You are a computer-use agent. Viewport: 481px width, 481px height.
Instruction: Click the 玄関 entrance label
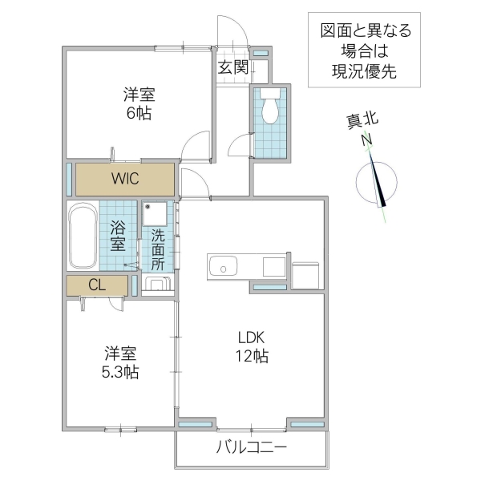233,67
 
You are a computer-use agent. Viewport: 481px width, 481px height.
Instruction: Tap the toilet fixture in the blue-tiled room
269,106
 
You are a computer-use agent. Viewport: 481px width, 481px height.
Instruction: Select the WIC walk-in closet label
125,178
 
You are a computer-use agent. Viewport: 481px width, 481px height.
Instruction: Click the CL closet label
96,285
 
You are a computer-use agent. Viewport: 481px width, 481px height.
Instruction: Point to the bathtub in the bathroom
83,237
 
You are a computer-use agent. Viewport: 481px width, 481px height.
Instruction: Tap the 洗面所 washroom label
158,249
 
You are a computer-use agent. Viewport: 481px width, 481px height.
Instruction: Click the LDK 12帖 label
251,346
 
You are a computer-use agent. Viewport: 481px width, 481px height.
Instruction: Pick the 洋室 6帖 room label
138,103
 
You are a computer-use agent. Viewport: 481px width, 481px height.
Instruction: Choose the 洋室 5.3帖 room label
120,362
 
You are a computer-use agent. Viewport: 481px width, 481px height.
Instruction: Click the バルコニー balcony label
250,447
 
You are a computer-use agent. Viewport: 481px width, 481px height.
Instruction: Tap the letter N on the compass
367,142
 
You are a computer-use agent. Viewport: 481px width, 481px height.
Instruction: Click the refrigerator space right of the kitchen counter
307,273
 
